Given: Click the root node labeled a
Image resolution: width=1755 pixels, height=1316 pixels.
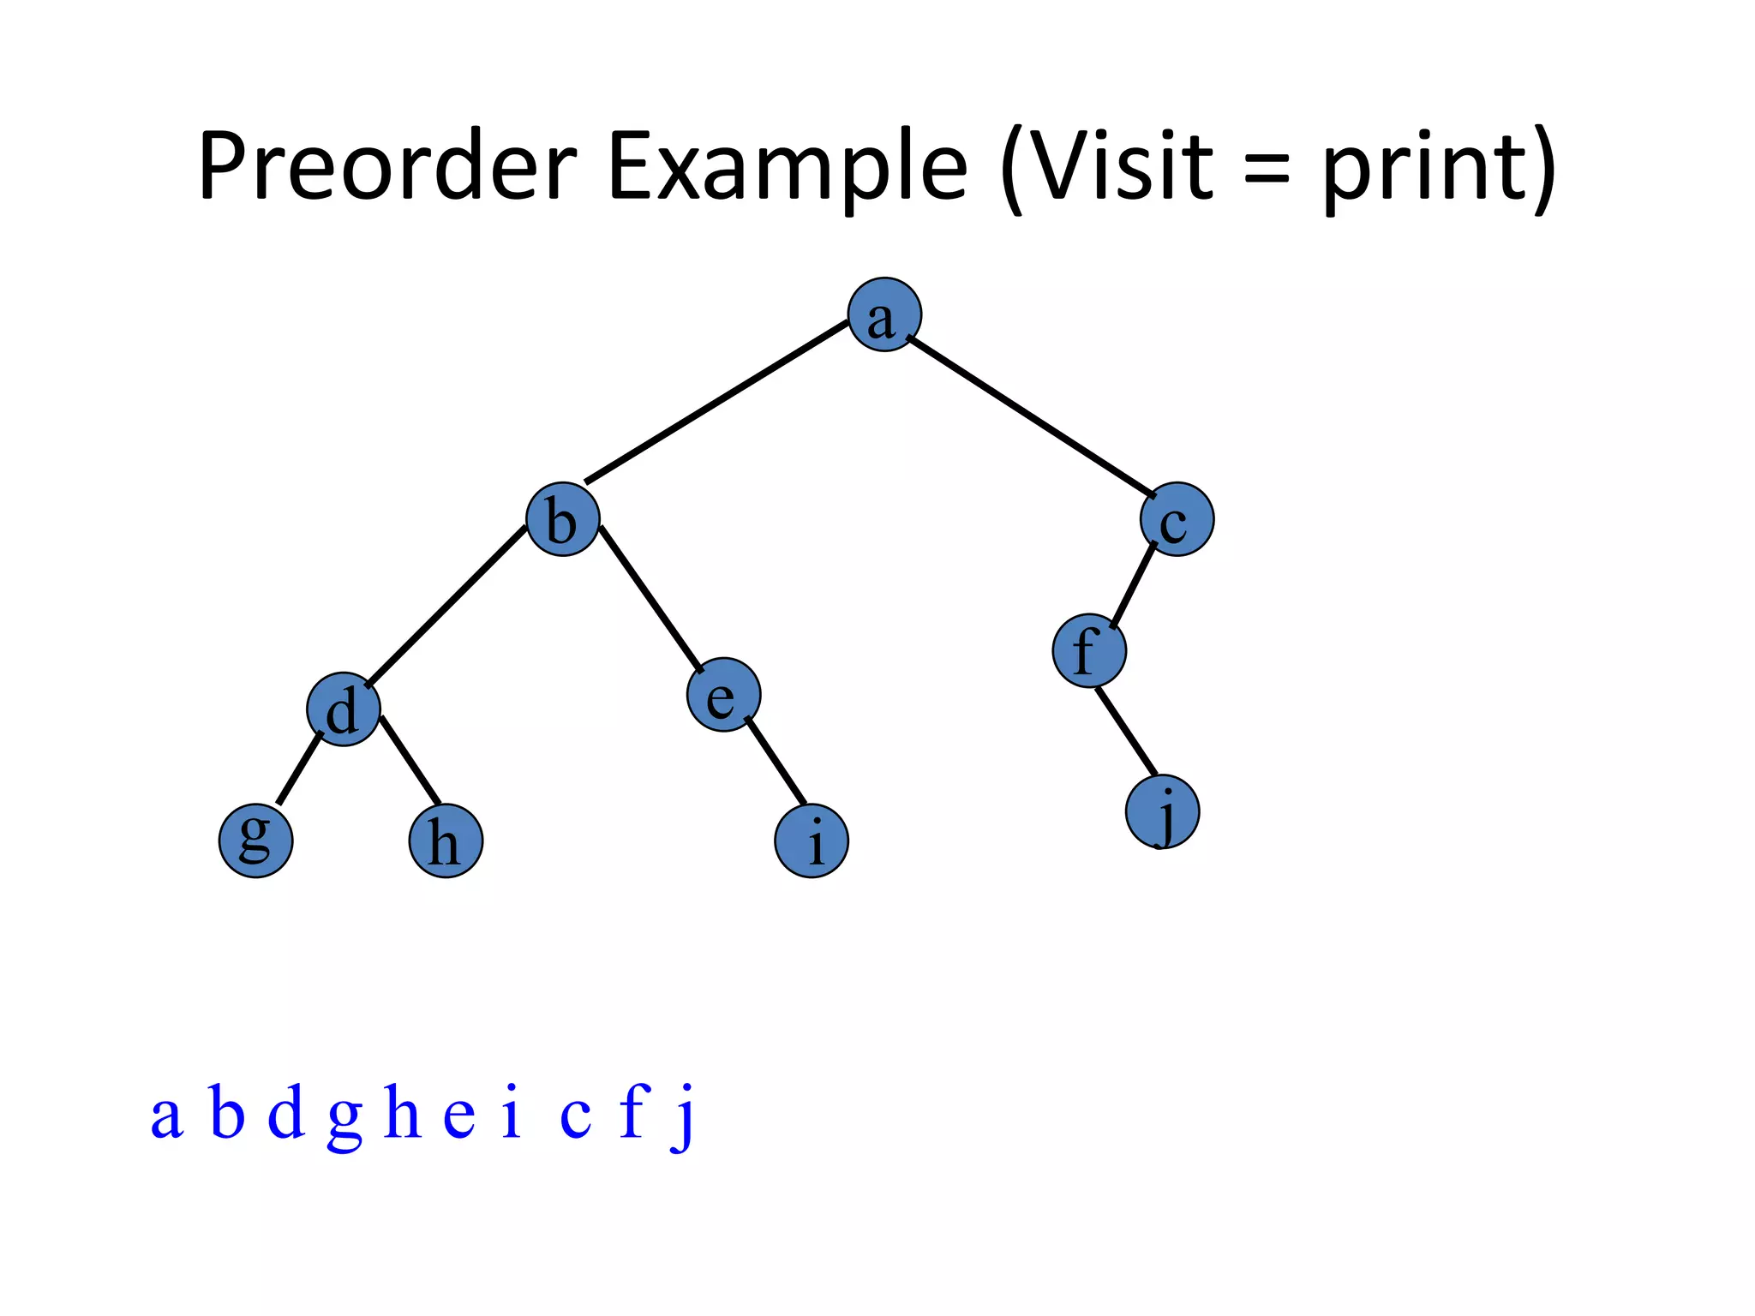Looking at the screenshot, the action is (x=884, y=315).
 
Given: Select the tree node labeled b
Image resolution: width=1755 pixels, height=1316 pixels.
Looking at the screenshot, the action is (x=562, y=519).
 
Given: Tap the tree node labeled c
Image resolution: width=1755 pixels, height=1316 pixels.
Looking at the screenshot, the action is (x=1177, y=519).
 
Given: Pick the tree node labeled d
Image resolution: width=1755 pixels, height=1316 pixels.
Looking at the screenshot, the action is (x=344, y=709).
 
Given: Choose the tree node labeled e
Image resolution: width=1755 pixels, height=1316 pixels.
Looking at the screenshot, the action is (x=723, y=695).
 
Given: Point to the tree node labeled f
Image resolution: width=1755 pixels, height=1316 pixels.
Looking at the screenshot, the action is (x=1089, y=651).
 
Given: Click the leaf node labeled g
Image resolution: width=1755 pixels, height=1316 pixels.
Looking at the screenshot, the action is (x=255, y=840).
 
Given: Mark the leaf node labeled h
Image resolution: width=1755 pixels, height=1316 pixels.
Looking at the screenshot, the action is (x=446, y=840).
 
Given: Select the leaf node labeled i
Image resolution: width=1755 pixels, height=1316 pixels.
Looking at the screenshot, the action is (x=812, y=840).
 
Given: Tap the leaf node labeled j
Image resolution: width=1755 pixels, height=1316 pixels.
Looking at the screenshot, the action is (x=1162, y=812).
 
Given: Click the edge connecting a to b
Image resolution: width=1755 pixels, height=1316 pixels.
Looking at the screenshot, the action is (x=716, y=403).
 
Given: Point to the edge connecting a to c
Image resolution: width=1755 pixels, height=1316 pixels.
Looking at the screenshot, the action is (x=1031, y=417).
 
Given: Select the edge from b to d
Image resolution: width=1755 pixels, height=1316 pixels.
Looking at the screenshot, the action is (x=446, y=606).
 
